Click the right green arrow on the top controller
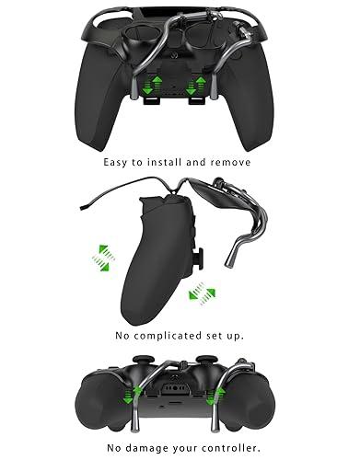tap(193, 85)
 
